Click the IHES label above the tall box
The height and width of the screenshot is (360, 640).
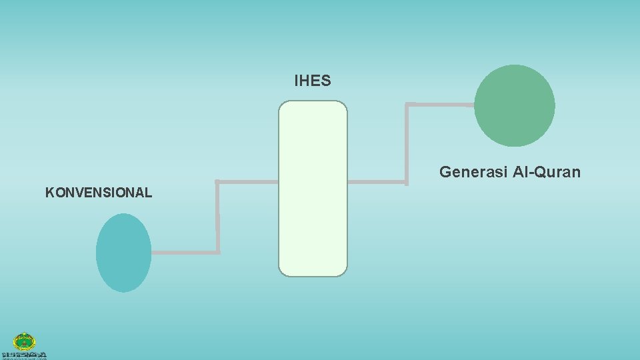tap(312, 81)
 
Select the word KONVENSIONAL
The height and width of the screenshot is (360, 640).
tap(99, 193)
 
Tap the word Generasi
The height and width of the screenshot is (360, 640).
tap(473, 173)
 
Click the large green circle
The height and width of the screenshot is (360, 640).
tap(514, 105)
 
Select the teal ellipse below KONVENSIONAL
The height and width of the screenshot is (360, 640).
tap(123, 253)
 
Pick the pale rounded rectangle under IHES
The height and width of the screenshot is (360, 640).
tap(313, 189)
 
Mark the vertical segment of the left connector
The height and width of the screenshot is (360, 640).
tap(218, 217)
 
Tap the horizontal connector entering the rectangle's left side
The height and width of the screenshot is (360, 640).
tap(248, 181)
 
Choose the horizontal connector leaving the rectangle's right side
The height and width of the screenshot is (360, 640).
tap(377, 181)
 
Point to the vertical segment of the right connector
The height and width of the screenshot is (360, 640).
tap(407, 143)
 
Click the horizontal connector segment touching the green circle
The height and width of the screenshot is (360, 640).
tap(440, 104)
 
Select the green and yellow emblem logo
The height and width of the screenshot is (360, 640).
tap(25, 342)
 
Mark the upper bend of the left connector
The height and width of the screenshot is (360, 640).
tap(218, 181)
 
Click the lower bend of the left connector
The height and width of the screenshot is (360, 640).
tap(218, 253)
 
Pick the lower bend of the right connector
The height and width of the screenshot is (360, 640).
tap(407, 181)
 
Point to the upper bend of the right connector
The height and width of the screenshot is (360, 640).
tap(407, 104)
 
